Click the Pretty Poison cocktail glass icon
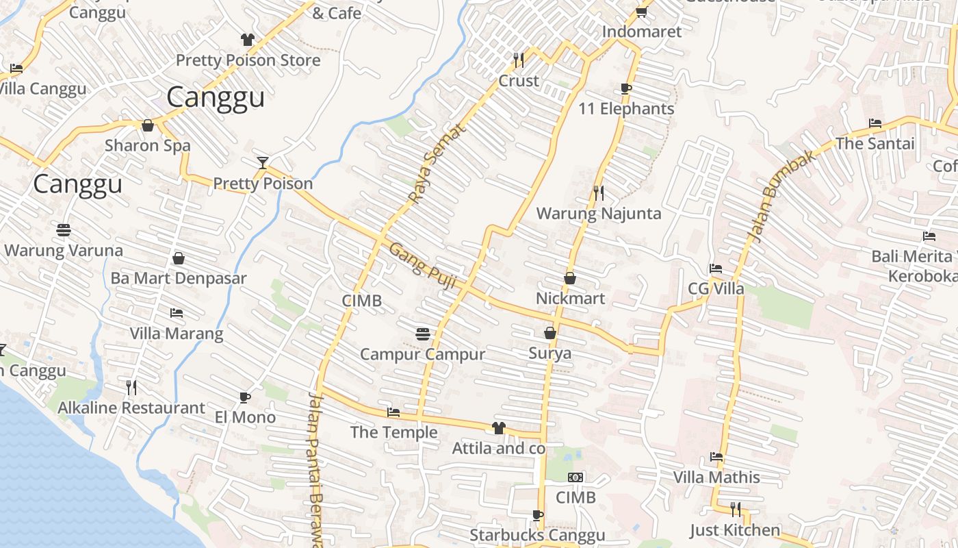[x=262, y=162]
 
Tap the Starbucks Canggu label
[x=537, y=535]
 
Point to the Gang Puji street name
[x=422, y=266]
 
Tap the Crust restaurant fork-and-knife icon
[x=519, y=60]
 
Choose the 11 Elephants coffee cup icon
[x=625, y=88]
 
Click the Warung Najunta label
[x=599, y=213]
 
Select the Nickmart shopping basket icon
[x=569, y=278]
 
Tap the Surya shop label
[x=549, y=353]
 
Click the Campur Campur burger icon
[x=423, y=334]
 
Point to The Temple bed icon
[x=393, y=412]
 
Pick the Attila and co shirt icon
[x=498, y=428]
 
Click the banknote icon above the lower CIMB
[x=575, y=477]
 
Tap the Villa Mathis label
[x=716, y=477]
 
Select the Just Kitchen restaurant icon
[x=735, y=510]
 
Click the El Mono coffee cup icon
[x=245, y=397]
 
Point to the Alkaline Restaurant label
[x=131, y=408]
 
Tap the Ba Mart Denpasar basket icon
[x=179, y=258]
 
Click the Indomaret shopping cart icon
[x=641, y=12]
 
